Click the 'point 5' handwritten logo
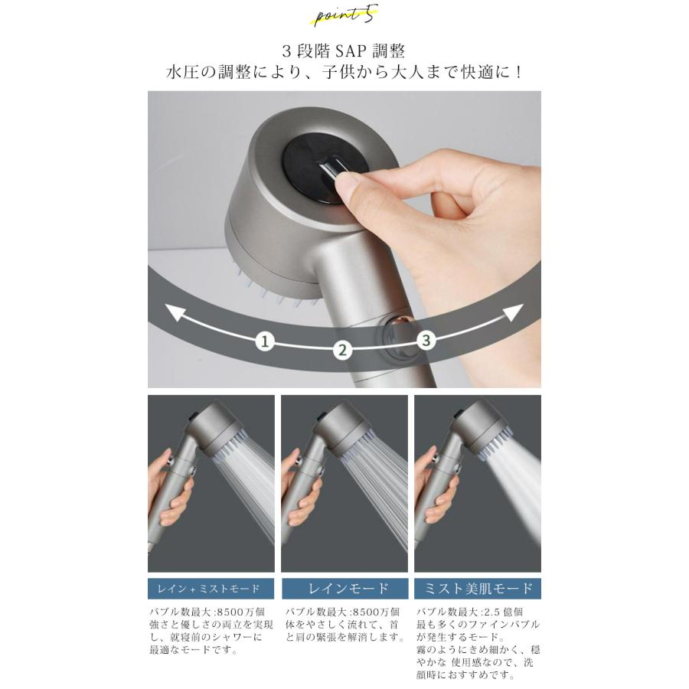point(346,15)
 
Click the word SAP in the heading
point(351,51)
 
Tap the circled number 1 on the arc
point(265,341)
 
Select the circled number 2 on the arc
point(342,350)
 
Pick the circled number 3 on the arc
point(426,340)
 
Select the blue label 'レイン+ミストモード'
point(211,589)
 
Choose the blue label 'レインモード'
point(344,589)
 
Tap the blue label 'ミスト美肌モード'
point(478,589)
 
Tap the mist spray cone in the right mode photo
point(515,483)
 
